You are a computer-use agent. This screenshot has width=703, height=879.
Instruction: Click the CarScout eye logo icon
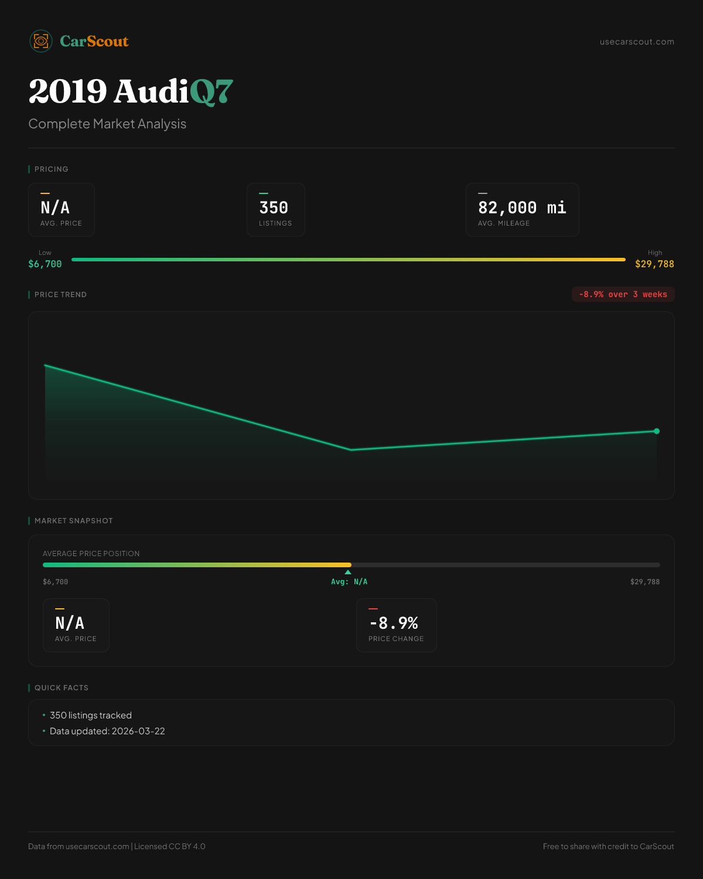point(41,41)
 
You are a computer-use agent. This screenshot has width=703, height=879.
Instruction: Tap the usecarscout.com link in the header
point(637,42)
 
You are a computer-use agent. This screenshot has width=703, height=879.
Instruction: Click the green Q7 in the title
point(211,92)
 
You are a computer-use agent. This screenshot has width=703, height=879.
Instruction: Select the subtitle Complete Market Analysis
point(107,124)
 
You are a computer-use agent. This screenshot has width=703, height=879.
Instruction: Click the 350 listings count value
point(274,208)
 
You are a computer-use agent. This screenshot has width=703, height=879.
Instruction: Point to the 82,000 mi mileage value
point(522,208)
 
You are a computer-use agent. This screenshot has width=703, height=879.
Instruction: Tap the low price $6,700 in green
point(45,264)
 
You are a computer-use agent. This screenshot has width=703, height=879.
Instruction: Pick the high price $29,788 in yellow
point(654,264)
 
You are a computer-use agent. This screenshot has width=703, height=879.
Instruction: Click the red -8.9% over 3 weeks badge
point(623,294)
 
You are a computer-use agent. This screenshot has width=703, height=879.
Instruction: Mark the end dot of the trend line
point(657,431)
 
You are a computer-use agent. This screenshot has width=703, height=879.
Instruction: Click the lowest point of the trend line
point(351,449)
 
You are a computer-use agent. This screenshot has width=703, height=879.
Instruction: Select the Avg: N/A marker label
point(349,582)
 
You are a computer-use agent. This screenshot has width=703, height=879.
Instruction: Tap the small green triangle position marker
point(348,572)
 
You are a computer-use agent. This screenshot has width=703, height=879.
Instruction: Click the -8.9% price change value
point(394,623)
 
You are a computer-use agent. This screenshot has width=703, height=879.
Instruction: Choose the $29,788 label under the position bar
point(644,582)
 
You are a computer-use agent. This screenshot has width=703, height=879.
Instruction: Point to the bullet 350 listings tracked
point(91,716)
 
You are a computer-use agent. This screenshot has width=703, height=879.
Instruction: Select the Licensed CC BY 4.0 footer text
point(170,846)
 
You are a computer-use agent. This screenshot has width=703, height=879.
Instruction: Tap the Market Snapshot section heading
point(73,521)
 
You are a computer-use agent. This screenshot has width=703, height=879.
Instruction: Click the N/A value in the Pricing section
point(55,208)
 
